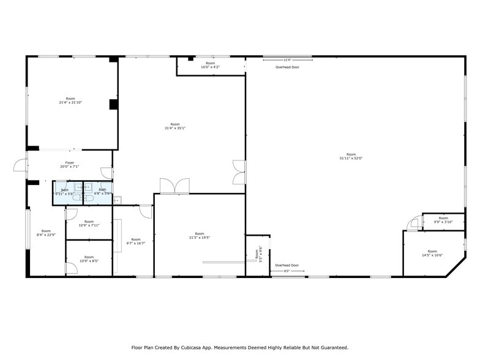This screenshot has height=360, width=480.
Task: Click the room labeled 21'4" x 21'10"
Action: coord(70,100)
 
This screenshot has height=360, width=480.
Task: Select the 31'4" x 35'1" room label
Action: coord(175,126)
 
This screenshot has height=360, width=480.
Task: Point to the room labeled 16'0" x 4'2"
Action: coord(211,65)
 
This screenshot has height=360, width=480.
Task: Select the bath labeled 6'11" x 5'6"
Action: coord(64,192)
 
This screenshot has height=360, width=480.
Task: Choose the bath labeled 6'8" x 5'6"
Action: coord(102,192)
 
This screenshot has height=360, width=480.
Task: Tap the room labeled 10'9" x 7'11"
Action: coord(89,223)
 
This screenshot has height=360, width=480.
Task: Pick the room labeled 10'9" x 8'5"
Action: coord(89,259)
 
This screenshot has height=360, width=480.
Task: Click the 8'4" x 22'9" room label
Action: coord(46,233)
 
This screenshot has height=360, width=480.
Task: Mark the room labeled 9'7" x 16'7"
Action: coord(135,241)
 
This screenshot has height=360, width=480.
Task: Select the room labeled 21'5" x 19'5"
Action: coord(200,235)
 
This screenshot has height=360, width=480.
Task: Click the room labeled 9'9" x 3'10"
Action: coord(443,220)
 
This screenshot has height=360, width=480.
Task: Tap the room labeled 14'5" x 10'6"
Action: coord(432,253)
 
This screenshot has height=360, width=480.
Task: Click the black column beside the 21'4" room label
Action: coord(113,104)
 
